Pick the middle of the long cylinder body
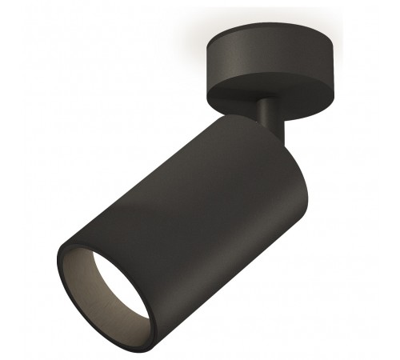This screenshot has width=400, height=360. coord(176,208)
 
